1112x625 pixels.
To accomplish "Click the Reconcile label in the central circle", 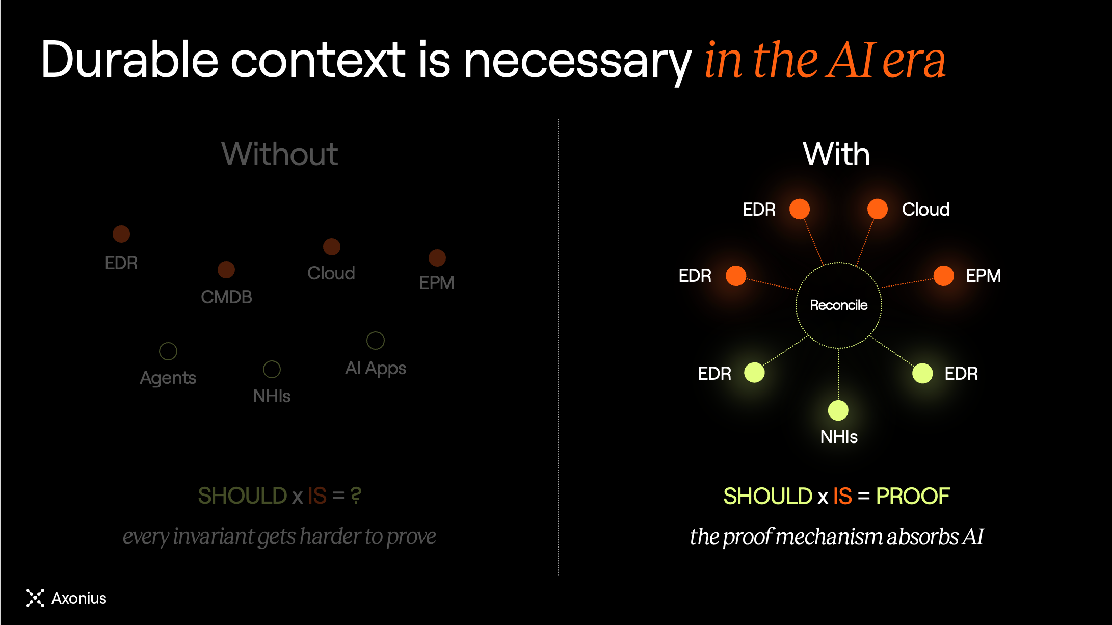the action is [838, 305].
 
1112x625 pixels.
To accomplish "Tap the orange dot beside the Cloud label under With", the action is [877, 209].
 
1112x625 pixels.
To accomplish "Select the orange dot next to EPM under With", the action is [943, 276].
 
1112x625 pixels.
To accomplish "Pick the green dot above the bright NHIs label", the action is [838, 410].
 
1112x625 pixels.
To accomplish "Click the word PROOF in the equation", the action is [913, 496].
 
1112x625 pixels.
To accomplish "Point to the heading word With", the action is [836, 154].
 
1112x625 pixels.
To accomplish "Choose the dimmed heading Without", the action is [279, 154].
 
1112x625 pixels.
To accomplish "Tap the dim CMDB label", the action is [226, 297].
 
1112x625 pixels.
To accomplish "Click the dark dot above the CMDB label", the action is [226, 270].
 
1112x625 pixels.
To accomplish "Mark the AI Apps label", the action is [376, 369].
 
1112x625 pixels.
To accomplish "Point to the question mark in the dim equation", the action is [356, 496].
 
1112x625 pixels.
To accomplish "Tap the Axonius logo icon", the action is [35, 598].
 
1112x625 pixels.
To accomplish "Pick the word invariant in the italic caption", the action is [214, 536].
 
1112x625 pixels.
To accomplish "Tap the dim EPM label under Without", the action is [437, 282].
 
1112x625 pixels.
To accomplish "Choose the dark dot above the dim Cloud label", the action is [332, 247].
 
